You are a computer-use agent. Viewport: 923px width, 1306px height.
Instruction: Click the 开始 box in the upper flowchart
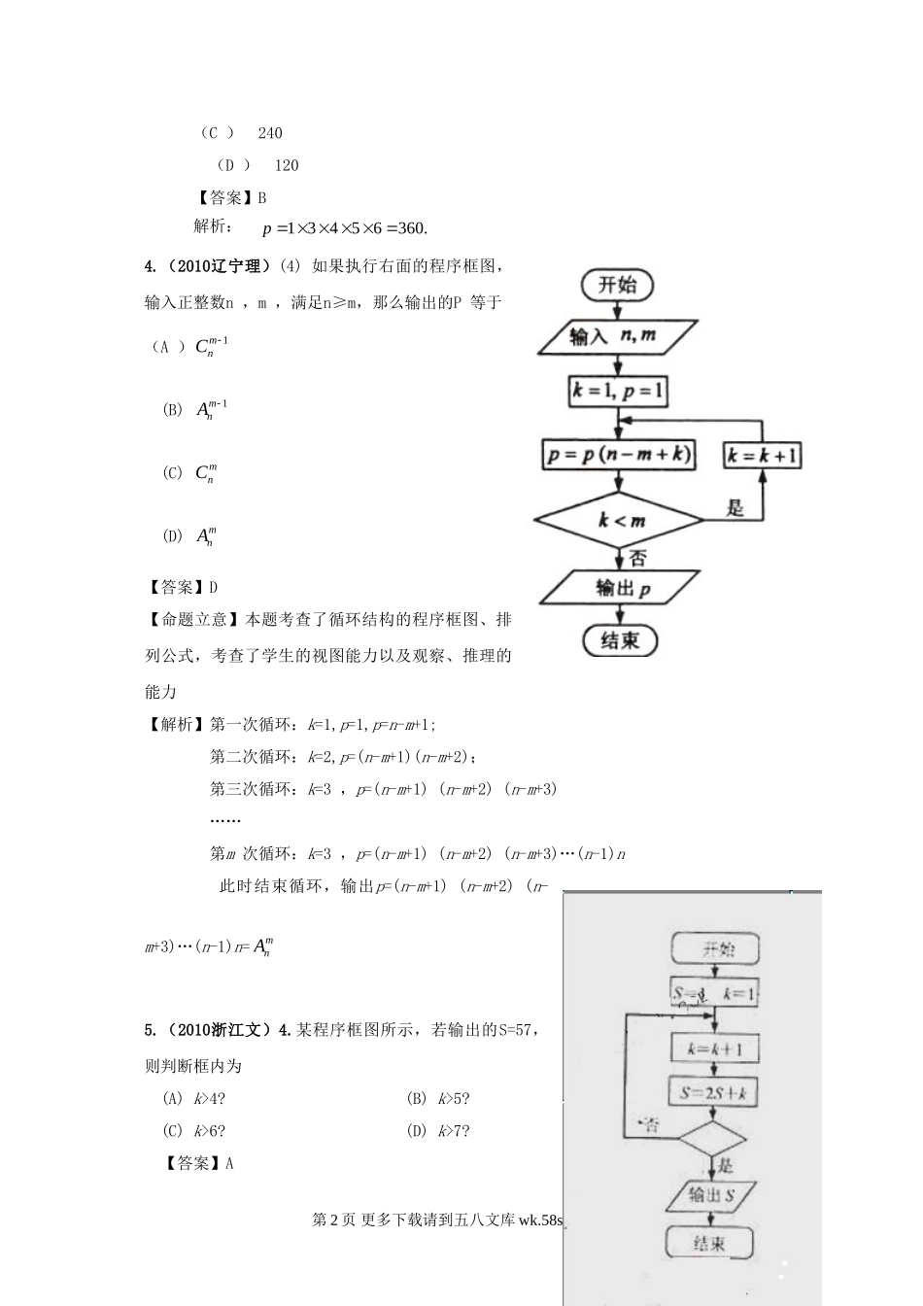coord(617,285)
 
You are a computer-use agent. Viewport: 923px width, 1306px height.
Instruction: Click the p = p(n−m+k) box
coord(619,455)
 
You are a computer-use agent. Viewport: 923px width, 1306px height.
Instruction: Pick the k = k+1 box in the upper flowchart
coord(763,455)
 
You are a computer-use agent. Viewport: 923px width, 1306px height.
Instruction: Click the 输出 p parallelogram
coord(619,588)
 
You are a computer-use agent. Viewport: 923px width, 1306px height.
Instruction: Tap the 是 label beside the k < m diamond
coord(735,507)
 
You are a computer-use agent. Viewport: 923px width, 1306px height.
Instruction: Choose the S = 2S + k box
coord(714,1091)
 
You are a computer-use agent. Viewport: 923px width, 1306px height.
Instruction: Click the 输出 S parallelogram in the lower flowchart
coord(713,1194)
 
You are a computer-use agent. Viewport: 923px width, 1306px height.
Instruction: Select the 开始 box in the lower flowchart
coord(716,948)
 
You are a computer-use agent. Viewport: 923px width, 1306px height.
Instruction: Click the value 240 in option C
coord(270,133)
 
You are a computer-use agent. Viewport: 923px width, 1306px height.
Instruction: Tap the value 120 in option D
coord(287,165)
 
